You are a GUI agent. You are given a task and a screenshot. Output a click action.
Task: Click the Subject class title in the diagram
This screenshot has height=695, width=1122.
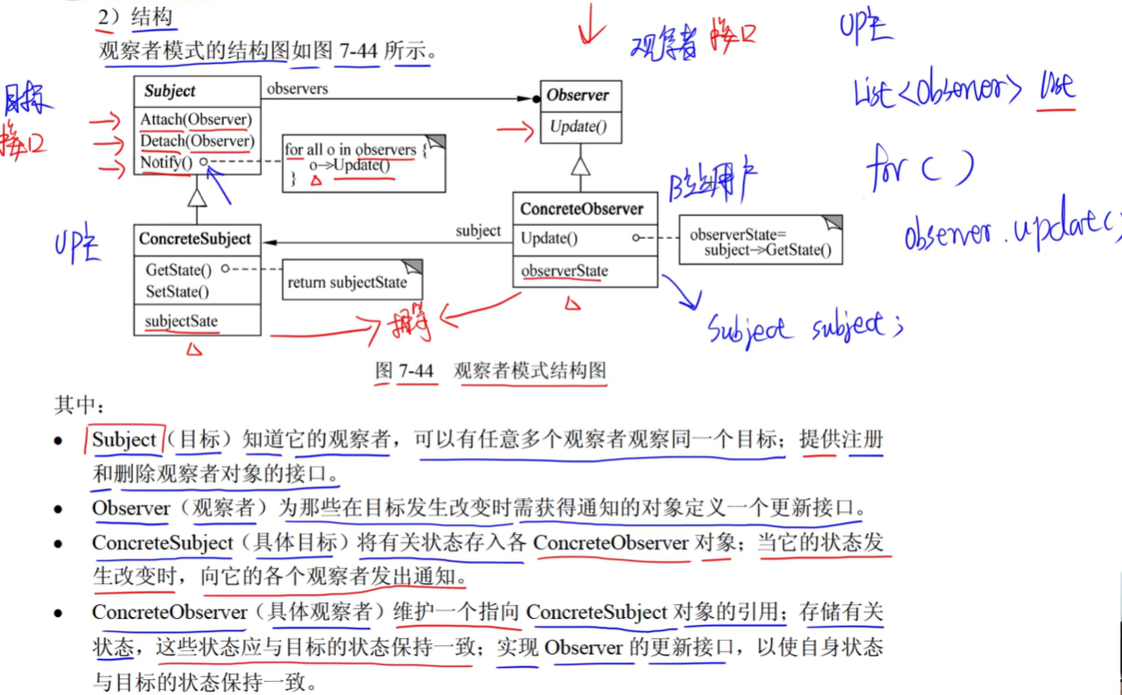point(170,91)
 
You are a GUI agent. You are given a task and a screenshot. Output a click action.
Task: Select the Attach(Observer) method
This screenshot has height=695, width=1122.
point(195,120)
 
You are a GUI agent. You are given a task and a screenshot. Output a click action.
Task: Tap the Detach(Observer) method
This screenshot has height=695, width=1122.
point(196,141)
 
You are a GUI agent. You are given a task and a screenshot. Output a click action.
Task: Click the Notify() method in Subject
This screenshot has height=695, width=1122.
point(165,162)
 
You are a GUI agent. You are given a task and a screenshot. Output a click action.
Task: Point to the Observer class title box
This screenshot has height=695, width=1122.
point(578,95)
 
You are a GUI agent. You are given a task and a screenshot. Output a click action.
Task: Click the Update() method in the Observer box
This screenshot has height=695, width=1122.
point(578,128)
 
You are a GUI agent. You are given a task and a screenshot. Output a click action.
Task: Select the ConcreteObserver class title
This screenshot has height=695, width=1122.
point(581,209)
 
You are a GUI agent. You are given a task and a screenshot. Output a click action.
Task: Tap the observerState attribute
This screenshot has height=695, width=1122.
point(564,271)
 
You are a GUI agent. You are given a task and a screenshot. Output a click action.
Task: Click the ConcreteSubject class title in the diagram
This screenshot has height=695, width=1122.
point(194,239)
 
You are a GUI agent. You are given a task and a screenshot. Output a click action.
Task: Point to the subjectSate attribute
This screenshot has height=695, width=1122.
point(181,321)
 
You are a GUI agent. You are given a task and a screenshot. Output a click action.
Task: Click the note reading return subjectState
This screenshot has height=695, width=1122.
point(347,283)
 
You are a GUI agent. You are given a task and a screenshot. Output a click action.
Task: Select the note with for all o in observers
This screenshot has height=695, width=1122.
point(362,163)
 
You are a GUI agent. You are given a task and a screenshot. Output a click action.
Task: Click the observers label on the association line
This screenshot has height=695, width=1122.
point(298,88)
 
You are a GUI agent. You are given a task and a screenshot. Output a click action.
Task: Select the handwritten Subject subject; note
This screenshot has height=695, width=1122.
point(803,329)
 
